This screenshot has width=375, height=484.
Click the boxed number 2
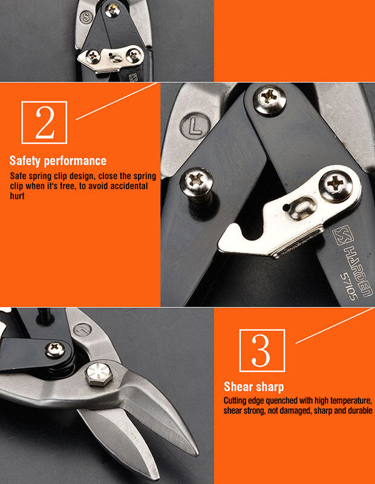click(44, 123)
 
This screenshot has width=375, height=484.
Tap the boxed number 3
click(262, 351)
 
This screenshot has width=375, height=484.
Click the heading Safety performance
click(58, 161)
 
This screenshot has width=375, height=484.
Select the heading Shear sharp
click(253, 387)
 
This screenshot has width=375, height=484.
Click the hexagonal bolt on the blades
click(99, 374)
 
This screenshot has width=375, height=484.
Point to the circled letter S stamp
click(86, 18)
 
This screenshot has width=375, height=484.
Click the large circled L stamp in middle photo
click(195, 126)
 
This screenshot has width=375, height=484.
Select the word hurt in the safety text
click(18, 196)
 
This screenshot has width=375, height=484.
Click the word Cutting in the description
click(235, 401)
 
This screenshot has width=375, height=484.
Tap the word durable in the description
click(360, 411)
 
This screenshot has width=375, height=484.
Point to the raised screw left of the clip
click(197, 183)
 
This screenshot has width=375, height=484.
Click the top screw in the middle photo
click(269, 99)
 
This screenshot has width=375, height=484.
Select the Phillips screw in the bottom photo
click(55, 350)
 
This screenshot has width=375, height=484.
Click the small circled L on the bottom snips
click(83, 330)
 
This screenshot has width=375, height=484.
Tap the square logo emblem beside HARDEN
click(342, 235)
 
